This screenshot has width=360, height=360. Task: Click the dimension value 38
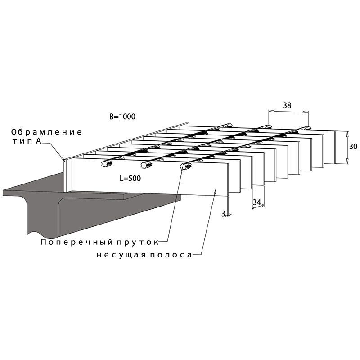pos(287,105)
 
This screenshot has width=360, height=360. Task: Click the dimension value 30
pos(353,146)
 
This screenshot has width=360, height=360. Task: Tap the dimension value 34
pos(257,202)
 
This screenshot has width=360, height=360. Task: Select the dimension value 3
pos(223,213)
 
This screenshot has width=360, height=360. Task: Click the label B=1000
pos(122,117)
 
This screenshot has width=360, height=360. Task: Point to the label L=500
pos(130,178)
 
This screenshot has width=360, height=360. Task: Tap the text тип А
pos(27,141)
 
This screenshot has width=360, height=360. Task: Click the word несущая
pos(121,255)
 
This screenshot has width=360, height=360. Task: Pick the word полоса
pos(171,255)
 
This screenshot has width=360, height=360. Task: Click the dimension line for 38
pos(288,112)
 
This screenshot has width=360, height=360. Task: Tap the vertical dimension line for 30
pos(347,148)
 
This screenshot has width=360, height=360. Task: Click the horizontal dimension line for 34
pos(258,207)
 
